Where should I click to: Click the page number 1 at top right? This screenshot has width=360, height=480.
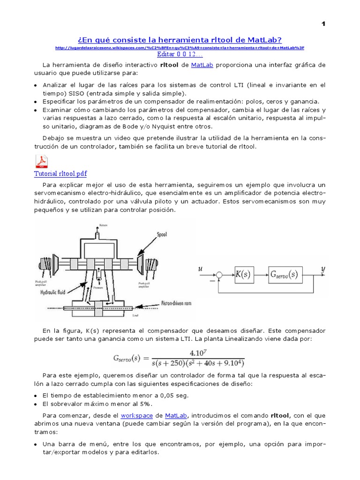[x=323, y=24]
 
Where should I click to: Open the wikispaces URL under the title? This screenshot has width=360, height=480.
[x=180, y=48]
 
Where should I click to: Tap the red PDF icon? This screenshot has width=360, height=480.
[x=42, y=162]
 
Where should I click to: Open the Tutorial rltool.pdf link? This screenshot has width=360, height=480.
[x=60, y=174]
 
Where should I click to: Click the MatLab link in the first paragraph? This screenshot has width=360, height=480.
[x=202, y=65]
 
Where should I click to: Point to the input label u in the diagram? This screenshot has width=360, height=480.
[x=201, y=270]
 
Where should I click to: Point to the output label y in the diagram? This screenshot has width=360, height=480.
[x=322, y=269]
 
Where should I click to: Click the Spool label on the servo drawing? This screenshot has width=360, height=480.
[x=162, y=234]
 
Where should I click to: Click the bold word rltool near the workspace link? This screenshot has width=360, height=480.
[x=280, y=416]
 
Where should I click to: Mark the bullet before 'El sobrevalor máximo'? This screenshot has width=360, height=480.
[x=36, y=404]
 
